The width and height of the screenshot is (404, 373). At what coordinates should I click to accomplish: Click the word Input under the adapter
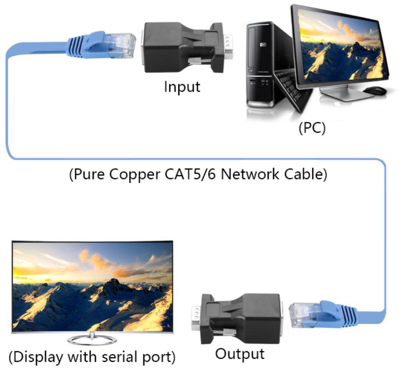pos(182,87)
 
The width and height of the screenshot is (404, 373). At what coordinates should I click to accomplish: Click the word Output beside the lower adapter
pos(240,354)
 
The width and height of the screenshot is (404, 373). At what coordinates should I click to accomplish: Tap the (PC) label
pos(312,128)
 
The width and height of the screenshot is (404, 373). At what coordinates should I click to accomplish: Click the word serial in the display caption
pos(119,357)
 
